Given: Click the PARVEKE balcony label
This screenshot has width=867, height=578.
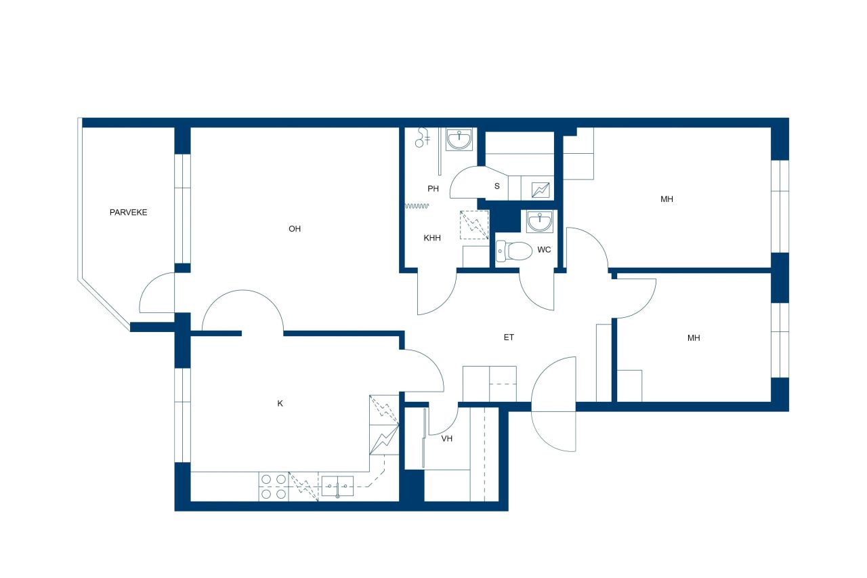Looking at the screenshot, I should coord(128,212).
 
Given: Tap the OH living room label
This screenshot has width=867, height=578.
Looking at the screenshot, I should coord(294,229).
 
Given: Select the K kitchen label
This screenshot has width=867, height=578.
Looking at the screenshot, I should coord(280,403).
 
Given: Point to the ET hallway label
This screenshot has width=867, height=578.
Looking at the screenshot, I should coord(509,337).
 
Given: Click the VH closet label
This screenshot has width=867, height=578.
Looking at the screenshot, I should coord(446,438).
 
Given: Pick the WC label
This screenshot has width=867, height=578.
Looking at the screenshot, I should coord(544,250).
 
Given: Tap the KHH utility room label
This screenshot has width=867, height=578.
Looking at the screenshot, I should coord(432,238).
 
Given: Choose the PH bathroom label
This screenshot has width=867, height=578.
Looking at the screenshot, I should coord(433,189).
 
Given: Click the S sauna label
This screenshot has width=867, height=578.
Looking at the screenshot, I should coord(496,186).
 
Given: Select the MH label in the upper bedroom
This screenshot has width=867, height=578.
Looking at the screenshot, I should coord(667,199).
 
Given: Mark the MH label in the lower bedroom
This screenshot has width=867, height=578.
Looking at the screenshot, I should coord(694,337).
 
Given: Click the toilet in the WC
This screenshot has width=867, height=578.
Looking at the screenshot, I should coord(513,251).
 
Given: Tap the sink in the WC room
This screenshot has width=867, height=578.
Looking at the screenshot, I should coord(540,220).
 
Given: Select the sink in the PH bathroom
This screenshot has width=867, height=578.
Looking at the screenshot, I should coord(461,140).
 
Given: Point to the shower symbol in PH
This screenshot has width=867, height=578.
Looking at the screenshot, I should coord(423,138).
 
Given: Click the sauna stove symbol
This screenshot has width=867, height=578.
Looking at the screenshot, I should coord(541,190).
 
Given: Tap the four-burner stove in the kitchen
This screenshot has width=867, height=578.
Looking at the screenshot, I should coord(274,487).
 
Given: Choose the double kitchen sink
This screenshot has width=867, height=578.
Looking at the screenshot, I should coord(337,485).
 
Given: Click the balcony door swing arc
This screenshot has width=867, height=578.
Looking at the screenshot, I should coord(155,293).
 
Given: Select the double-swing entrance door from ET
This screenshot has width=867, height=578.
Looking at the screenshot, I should coord(554,404).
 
